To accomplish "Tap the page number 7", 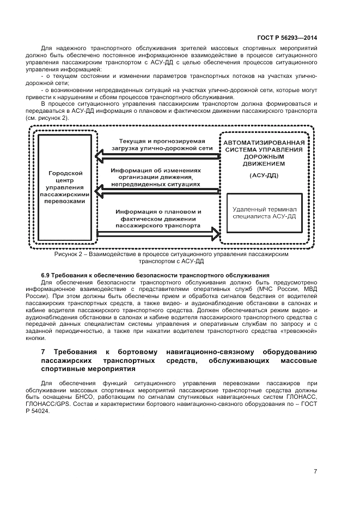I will (x=315, y=472).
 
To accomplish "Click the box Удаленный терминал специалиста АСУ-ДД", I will (x=264, y=212).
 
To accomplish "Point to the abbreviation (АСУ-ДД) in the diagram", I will (x=264, y=176).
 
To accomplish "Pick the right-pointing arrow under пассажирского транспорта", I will (x=158, y=234).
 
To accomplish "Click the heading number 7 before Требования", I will (x=44, y=352).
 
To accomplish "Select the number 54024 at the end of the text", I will (x=58, y=411).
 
